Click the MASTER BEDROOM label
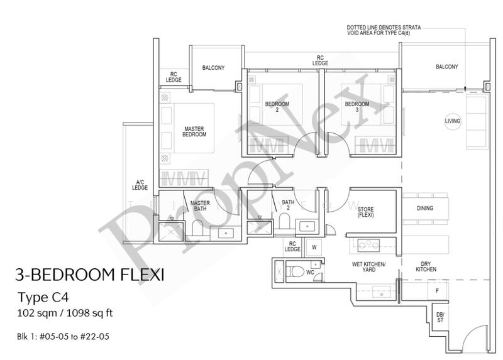[194, 131]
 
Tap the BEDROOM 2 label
[277, 107]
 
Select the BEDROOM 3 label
[357, 107]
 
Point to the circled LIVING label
[453, 121]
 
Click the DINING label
[425, 209]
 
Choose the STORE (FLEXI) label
[366, 212]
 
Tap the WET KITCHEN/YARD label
[368, 267]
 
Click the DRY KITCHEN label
[426, 267]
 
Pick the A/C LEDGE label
[140, 185]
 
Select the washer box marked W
[314, 247]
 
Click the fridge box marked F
[437, 291]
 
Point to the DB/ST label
[440, 317]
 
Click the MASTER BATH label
[200, 206]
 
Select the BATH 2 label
[288, 205]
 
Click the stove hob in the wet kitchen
[368, 245]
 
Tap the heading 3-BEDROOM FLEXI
[90, 275]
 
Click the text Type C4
[43, 298]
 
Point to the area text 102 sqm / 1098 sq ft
[65, 314]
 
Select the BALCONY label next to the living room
[447, 67]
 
